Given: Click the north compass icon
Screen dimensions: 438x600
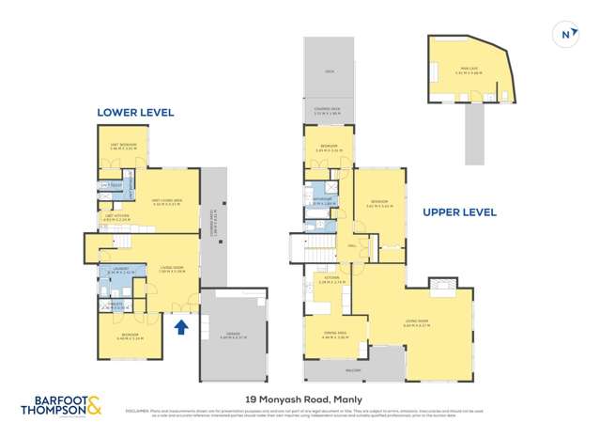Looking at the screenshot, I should pyautogui.click(x=564, y=34).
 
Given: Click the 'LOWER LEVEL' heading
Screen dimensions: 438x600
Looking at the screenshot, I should pyautogui.click(x=135, y=112).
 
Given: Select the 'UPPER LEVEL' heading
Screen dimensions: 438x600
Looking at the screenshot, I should pyautogui.click(x=459, y=212).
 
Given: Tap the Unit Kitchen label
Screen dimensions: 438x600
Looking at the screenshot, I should pyautogui.click(x=115, y=220).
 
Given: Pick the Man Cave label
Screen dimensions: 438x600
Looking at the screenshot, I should pyautogui.click(x=467, y=69).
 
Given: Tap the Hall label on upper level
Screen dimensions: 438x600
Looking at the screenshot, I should pyautogui.click(x=350, y=247).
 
